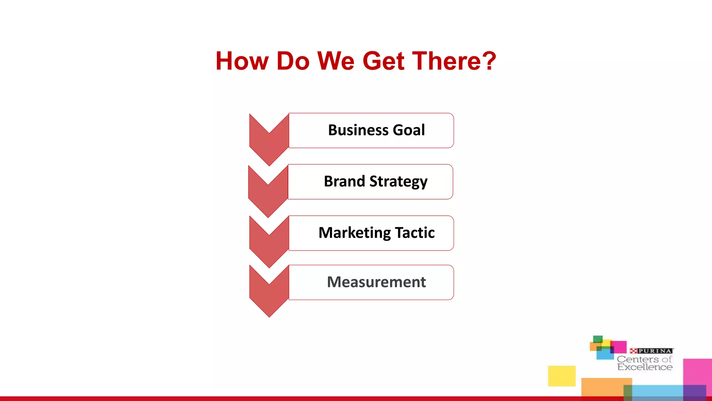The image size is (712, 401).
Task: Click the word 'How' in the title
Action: tap(242, 61)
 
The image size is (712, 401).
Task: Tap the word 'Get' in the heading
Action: tap(383, 61)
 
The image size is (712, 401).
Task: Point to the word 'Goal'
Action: tap(409, 130)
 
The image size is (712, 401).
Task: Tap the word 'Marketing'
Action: tap(355, 233)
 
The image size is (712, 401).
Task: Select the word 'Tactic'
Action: tap(415, 233)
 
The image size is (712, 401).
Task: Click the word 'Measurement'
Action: tap(376, 282)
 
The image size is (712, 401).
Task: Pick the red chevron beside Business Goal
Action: tap(269, 143)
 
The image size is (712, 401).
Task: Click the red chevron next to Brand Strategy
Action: tap(268, 194)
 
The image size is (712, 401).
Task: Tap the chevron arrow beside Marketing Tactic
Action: tap(269, 244)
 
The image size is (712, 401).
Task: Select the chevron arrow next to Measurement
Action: tap(269, 294)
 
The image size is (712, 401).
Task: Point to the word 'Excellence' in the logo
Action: tap(645, 367)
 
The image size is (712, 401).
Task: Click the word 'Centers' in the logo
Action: tap(638, 359)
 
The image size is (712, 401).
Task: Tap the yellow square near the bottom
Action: tap(562, 376)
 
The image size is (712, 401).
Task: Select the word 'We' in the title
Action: tap(336, 61)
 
